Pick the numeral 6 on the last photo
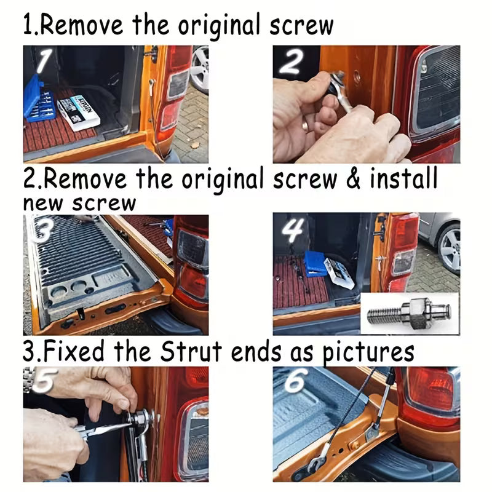click(295, 380)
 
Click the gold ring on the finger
click(305, 126)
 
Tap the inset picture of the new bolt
click(410, 314)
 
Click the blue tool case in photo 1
click(39, 100)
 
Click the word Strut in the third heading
click(191, 351)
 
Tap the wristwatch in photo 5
click(29, 379)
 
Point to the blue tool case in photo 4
click(315, 264)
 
